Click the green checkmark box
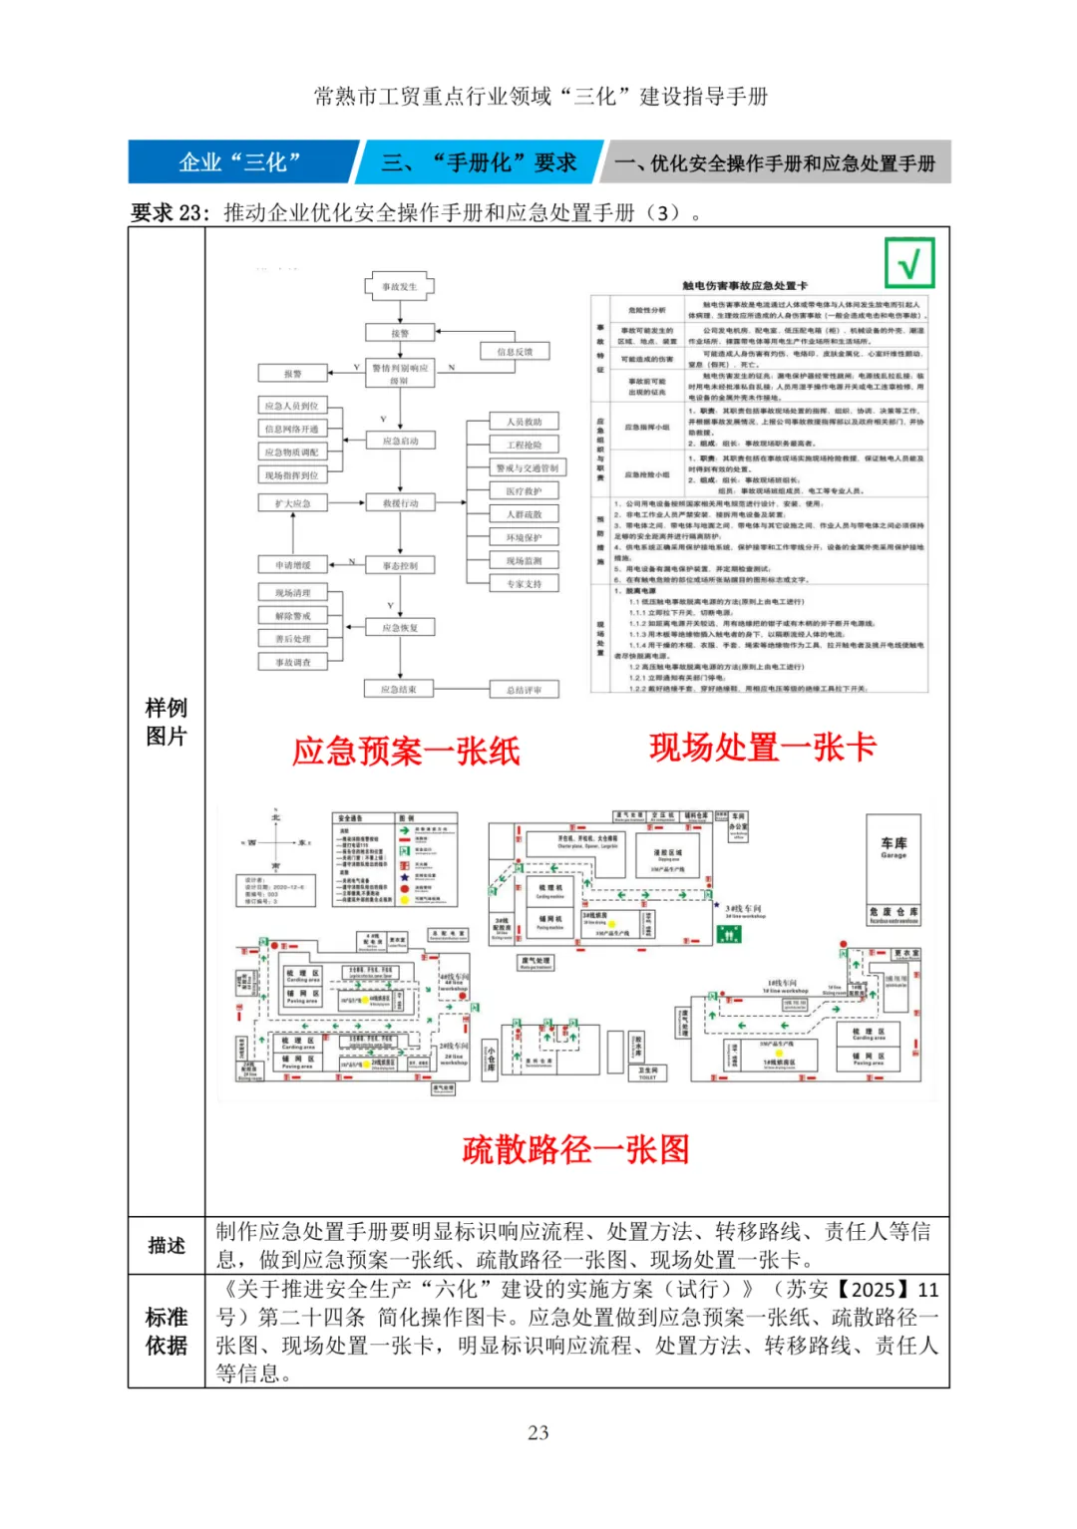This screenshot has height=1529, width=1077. [x=909, y=264]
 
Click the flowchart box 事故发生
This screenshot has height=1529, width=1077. [x=400, y=287]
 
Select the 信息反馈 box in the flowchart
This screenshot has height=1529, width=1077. [x=516, y=352]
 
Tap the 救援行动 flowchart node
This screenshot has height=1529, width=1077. [x=400, y=503]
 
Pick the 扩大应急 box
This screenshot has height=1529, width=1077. [x=293, y=503]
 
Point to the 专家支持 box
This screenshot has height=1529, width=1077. [x=525, y=583]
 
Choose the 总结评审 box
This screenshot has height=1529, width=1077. [x=525, y=689]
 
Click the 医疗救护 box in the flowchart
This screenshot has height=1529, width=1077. [x=525, y=491]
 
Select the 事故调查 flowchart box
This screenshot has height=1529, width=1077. [x=293, y=662]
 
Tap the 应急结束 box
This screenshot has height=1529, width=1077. [x=399, y=689]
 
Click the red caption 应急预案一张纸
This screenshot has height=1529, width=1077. [x=406, y=751]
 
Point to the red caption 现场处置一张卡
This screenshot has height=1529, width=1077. [x=763, y=747]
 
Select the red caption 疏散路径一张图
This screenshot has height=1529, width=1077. [x=575, y=1149]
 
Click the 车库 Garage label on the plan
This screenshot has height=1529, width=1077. [x=894, y=848]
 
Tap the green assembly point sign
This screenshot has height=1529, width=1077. [x=729, y=934]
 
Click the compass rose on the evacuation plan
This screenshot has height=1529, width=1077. [x=276, y=841]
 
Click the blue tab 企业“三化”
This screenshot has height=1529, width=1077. [x=239, y=162]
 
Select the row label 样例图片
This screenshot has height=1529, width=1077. [x=167, y=722]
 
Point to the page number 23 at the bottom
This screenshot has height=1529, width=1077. [x=538, y=1432]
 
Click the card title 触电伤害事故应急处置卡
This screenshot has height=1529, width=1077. [x=745, y=286]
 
